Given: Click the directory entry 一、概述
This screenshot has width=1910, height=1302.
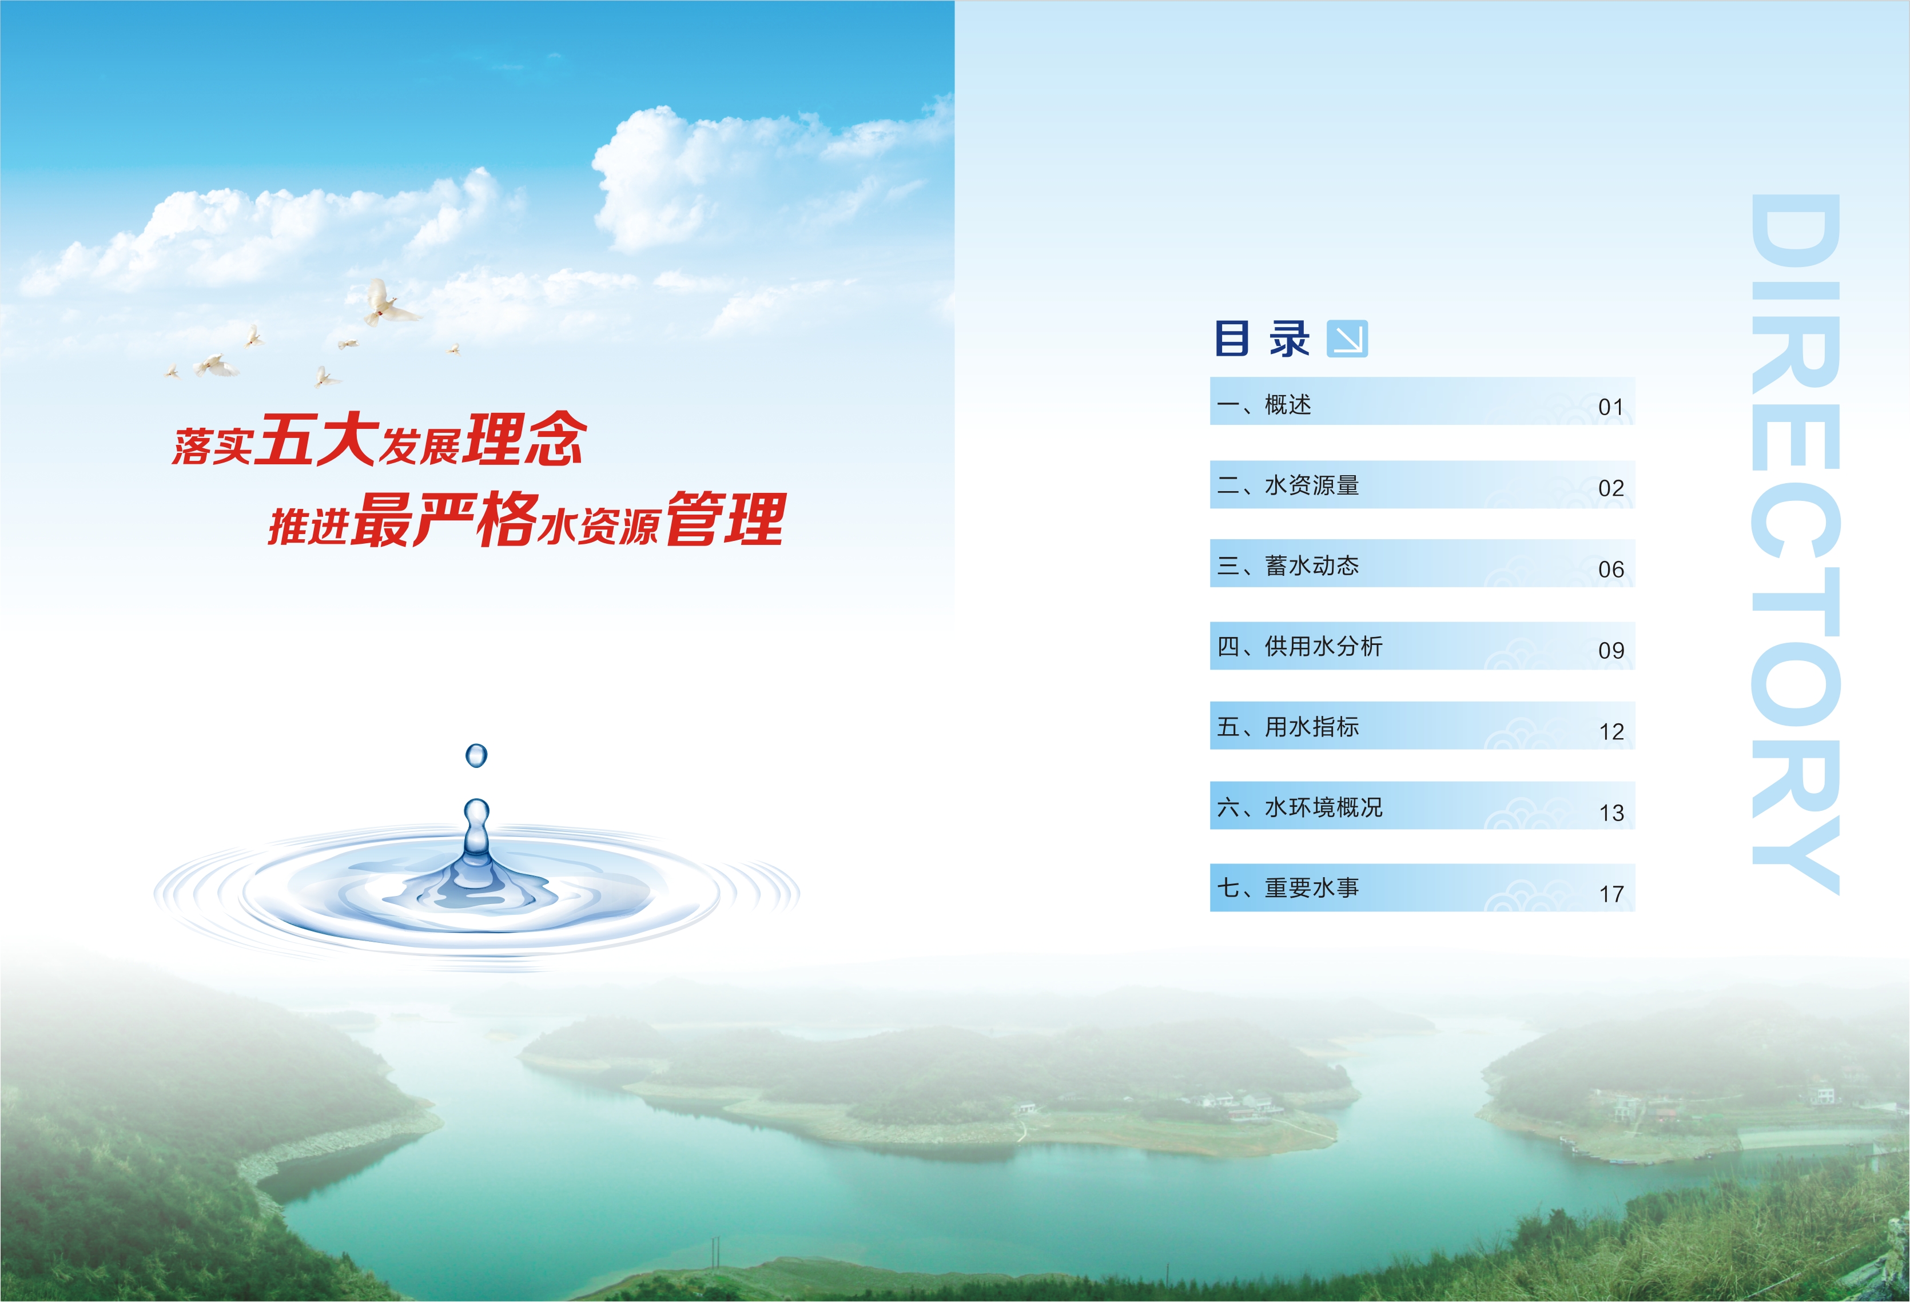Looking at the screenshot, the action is (x=1264, y=404).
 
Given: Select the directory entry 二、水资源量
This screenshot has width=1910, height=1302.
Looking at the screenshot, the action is (x=1288, y=485).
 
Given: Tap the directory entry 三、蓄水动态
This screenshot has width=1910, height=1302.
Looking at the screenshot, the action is (x=1288, y=566).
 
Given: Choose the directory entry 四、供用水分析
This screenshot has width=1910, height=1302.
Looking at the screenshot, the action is (x=1299, y=646).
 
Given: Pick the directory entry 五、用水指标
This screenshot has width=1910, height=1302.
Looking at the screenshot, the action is (x=1288, y=727).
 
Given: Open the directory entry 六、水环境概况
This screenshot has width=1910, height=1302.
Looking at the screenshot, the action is (x=1299, y=807).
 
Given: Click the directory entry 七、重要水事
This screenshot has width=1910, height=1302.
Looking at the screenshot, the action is (x=1288, y=887).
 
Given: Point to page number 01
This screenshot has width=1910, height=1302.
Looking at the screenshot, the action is (x=1611, y=407).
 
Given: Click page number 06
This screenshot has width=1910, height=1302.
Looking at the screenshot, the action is (x=1611, y=569).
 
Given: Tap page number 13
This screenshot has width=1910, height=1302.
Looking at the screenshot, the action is (x=1611, y=813).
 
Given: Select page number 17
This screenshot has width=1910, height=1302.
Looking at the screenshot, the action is (x=1611, y=894).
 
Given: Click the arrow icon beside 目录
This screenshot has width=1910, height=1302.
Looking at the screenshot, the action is (x=1347, y=339).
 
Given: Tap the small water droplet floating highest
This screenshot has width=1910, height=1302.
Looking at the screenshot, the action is (x=476, y=755).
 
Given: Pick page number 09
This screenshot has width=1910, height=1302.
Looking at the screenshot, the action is (x=1611, y=650).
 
